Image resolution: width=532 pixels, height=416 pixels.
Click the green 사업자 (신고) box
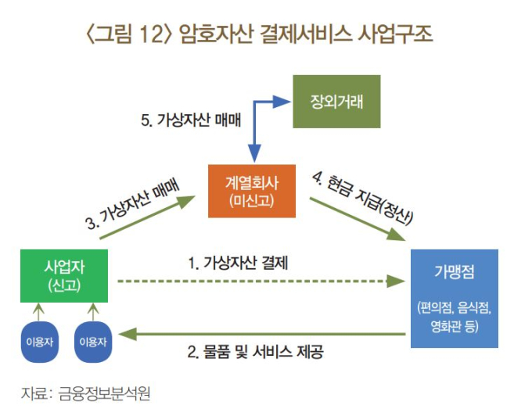pos(64,276)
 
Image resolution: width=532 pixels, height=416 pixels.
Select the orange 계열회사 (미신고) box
pos(252,192)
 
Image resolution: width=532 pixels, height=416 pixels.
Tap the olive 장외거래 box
pos(336,102)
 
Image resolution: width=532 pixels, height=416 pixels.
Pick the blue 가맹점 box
pos(455,299)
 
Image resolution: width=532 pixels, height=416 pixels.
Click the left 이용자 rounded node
pos(40,342)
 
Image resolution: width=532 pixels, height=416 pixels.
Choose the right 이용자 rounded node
pos(93,342)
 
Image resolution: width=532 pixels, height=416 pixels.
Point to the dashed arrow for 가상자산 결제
pos(261,281)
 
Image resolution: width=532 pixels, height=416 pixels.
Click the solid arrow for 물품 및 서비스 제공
pos(262,334)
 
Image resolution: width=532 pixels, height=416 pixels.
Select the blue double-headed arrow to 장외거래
pos(254,102)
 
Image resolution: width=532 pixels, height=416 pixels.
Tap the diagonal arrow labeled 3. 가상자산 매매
pos(147,217)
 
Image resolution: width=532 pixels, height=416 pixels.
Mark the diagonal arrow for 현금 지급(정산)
pos(358,219)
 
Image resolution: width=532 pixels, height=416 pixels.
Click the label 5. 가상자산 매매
pos(191,120)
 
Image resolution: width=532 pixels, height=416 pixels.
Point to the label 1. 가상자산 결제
pos(238,263)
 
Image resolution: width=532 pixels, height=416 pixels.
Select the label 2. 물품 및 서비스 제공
pos(255,352)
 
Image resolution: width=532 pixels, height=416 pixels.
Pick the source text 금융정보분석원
pos(105,393)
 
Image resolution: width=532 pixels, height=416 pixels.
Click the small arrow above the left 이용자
pos(38,312)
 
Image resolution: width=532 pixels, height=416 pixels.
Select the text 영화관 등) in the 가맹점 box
pos(455,326)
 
